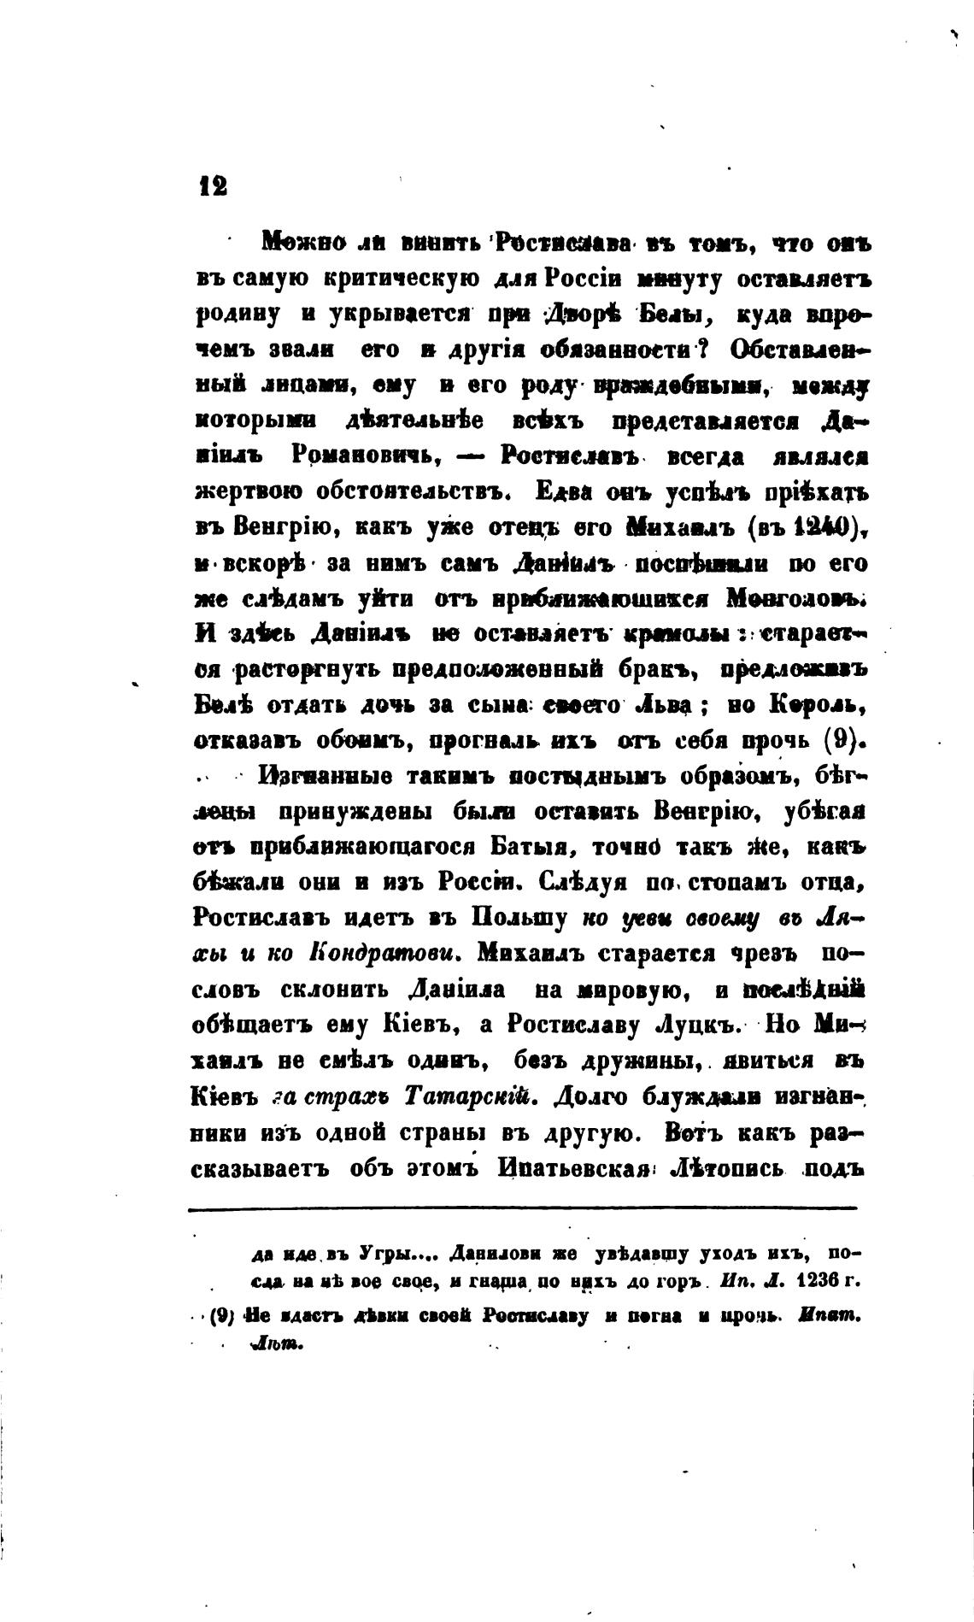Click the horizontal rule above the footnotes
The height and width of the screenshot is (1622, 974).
click(521, 1208)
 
